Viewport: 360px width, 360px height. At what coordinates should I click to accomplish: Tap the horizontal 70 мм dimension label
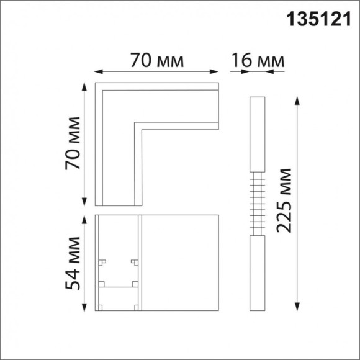158,61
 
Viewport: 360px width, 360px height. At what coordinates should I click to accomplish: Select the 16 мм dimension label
258,61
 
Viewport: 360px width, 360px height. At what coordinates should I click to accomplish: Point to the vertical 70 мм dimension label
74,143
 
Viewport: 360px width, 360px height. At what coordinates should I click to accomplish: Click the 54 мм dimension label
74,263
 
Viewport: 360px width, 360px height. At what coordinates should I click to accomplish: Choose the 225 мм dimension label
284,200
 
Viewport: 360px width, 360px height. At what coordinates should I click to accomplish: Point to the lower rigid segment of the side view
257,273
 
